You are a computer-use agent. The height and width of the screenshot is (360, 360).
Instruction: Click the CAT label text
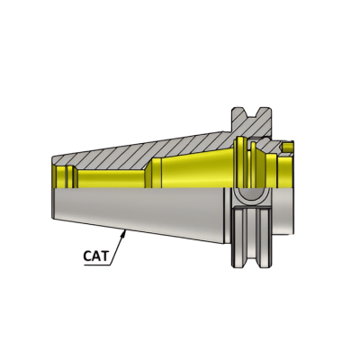point(96,256)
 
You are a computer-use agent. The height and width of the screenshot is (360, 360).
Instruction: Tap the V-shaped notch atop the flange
point(251,113)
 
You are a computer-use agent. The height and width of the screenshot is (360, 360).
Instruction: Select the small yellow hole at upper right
point(290,144)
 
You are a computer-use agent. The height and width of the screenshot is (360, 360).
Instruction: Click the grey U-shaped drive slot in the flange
point(251,200)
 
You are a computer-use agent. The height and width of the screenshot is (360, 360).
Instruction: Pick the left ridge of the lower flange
point(240,238)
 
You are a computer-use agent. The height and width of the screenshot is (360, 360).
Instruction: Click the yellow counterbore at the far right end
point(283,171)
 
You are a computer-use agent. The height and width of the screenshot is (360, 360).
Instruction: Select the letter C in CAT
point(88,256)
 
